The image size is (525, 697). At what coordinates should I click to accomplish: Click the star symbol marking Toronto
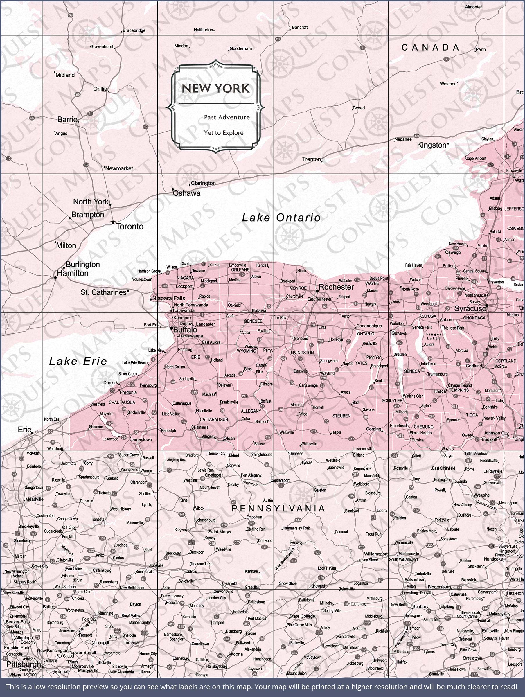coord(113,222)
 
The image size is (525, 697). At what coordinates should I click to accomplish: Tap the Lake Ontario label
coord(281,218)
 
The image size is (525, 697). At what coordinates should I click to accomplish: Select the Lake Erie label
coord(78,361)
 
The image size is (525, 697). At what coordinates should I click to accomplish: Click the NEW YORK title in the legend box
coord(215,89)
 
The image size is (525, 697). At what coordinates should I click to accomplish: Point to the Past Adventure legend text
coord(226,117)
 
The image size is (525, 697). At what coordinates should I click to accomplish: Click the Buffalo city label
coord(185,330)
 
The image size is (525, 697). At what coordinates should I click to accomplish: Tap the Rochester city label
coord(336,287)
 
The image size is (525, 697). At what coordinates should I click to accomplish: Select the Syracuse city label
coord(470,309)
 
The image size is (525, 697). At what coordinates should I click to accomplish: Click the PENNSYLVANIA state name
coord(278,508)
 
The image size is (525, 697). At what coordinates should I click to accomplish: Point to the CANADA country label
coord(430,48)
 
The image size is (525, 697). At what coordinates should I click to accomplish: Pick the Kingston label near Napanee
coord(431,145)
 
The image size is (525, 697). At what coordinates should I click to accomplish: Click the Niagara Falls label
coord(169,298)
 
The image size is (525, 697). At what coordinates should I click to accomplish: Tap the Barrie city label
coord(67,119)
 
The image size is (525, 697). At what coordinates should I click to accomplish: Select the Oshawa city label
coord(186,193)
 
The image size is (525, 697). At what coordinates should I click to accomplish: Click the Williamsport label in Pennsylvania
coord(376,554)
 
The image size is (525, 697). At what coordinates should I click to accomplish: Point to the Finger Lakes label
coord(434,336)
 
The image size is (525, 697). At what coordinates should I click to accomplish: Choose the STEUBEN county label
coord(341,416)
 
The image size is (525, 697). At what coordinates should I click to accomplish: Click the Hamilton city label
coord(73,273)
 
